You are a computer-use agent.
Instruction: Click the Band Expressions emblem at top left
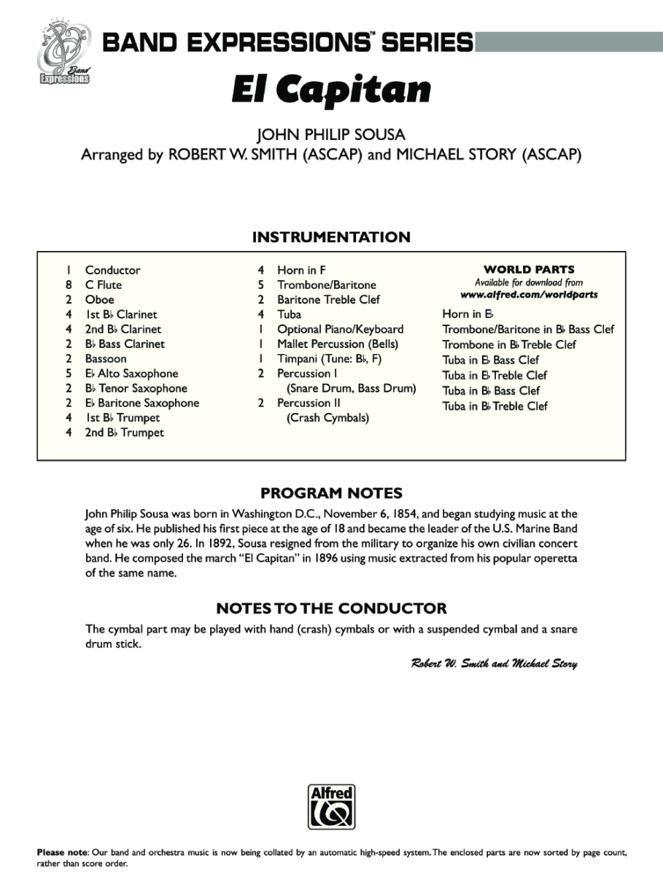click(63, 54)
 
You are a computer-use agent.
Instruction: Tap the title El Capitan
click(331, 89)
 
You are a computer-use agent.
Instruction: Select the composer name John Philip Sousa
click(331, 135)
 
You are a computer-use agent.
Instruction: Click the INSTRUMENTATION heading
click(331, 237)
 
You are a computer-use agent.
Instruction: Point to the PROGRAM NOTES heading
click(331, 493)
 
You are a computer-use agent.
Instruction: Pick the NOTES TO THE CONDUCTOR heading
click(331, 608)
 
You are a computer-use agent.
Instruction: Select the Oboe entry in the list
click(99, 300)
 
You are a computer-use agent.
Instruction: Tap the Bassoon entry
click(106, 359)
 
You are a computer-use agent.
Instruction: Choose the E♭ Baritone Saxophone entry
click(141, 403)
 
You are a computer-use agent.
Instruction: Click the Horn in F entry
click(301, 270)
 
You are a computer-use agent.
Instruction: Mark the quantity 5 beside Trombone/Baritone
click(260, 285)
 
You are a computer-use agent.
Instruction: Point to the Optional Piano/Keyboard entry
click(340, 329)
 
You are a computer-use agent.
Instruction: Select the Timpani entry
click(329, 359)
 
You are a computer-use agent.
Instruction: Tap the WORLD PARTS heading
click(529, 269)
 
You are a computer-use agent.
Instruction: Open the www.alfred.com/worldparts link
click(529, 295)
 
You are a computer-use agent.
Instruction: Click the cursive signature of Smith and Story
click(494, 663)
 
